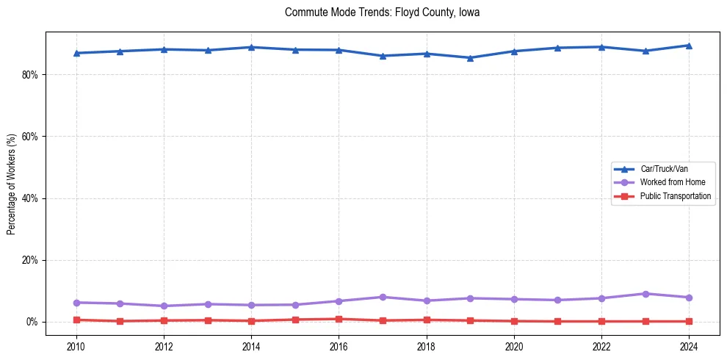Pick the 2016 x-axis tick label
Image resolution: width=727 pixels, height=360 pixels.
[339, 345]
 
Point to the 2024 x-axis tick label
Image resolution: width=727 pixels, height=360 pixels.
[689, 345]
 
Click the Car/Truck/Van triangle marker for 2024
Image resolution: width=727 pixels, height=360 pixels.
[689, 46]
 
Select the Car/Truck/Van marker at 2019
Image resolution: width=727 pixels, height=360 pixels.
[470, 58]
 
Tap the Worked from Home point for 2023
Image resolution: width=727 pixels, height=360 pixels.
[645, 294]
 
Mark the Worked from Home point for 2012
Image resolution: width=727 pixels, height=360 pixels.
[164, 306]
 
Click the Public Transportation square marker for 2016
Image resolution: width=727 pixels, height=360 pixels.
[339, 319]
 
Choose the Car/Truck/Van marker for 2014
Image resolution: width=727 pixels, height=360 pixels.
[251, 47]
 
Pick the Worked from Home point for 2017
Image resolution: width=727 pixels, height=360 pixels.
[383, 297]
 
